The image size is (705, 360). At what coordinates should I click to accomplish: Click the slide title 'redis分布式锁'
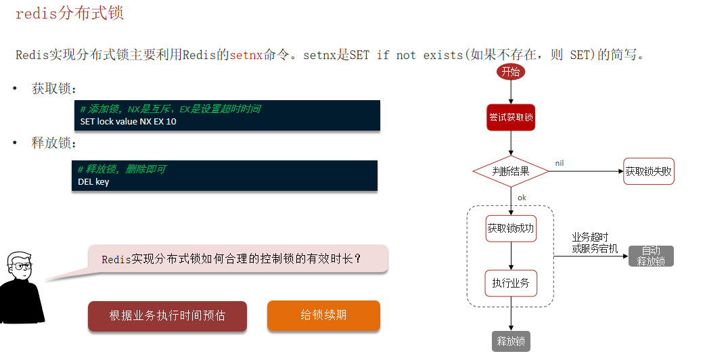pyautogui.click(x=69, y=13)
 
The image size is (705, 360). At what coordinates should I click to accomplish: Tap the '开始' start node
pyautogui.click(x=511, y=72)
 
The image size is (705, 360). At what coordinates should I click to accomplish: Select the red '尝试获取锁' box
pyautogui.click(x=511, y=117)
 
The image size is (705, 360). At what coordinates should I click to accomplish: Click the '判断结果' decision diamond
pyautogui.click(x=511, y=172)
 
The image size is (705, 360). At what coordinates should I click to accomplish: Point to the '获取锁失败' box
pyautogui.click(x=649, y=172)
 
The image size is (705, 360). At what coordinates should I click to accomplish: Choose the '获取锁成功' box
pyautogui.click(x=511, y=229)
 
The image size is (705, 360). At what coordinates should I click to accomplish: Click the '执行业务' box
pyautogui.click(x=511, y=283)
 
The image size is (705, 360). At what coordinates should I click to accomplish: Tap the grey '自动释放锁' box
pyautogui.click(x=651, y=256)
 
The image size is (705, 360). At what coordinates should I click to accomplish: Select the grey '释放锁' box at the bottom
pyautogui.click(x=511, y=341)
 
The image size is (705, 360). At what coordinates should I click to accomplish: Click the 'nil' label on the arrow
pyautogui.click(x=560, y=163)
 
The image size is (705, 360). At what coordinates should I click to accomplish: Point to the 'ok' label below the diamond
pyautogui.click(x=522, y=198)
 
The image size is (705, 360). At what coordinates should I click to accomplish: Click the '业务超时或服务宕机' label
pyautogui.click(x=595, y=243)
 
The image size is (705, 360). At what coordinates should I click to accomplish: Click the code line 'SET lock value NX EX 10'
pyautogui.click(x=129, y=122)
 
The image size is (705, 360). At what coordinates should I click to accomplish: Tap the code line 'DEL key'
pyautogui.click(x=93, y=181)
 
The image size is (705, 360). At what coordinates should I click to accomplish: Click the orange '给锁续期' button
pyautogui.click(x=323, y=315)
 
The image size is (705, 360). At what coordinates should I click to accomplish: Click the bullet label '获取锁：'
pyautogui.click(x=54, y=89)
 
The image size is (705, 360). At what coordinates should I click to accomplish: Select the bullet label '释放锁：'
pyautogui.click(x=54, y=143)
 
